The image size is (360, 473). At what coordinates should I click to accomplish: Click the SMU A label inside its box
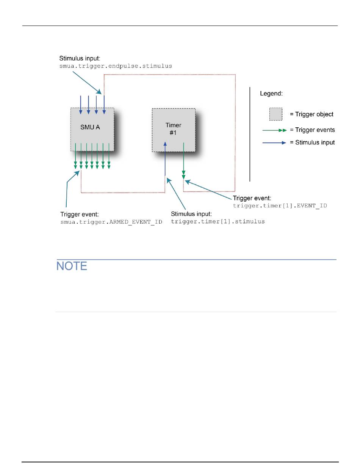pos(90,127)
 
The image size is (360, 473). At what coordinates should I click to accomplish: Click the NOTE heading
pos(72,266)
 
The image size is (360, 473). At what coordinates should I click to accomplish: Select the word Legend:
pos(271,93)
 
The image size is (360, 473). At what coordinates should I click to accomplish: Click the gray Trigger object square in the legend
pos(275,114)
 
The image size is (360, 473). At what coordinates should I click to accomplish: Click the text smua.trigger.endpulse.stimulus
pos(116,66)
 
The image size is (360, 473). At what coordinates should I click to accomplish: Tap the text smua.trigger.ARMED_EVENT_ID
pos(111,222)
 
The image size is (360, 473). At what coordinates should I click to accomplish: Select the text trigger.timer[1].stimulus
pos(218,221)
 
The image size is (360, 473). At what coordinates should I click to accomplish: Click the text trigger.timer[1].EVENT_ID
pos(280,205)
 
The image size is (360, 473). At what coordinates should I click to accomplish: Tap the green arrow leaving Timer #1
pos(183,159)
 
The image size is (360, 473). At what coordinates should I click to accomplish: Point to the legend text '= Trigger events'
pos(312,130)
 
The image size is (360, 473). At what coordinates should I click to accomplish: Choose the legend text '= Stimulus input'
pos(312,143)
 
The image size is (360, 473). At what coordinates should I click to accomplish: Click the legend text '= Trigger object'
pos(312,114)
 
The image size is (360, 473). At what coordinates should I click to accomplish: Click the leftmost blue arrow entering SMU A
pos(81,105)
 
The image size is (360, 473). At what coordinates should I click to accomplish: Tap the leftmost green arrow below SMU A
pos(75,155)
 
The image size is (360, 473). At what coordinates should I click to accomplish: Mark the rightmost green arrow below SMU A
pos(109,155)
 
